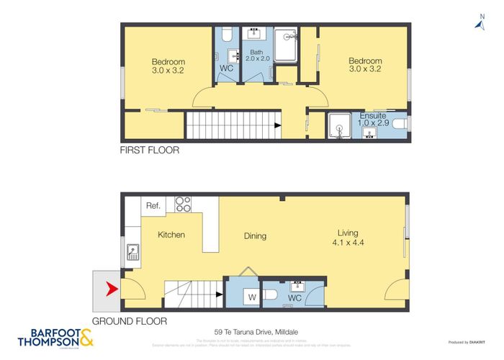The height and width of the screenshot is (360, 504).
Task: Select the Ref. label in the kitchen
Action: tap(153, 206)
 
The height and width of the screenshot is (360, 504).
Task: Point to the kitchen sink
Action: tap(133, 252)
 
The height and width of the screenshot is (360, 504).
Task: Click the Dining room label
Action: tap(255, 235)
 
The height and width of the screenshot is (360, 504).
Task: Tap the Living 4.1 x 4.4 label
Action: tap(352, 237)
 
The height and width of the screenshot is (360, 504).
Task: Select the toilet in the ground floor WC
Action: tap(269, 294)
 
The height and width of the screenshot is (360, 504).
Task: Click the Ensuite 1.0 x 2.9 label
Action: tap(373, 120)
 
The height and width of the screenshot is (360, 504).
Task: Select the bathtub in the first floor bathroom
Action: tap(285, 45)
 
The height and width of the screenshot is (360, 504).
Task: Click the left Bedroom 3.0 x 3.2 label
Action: tap(168, 66)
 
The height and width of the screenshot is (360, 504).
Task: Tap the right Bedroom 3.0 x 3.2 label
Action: tap(365, 66)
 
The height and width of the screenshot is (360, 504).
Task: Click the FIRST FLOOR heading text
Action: tap(150, 151)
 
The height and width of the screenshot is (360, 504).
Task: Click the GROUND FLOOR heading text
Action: tap(130, 321)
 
